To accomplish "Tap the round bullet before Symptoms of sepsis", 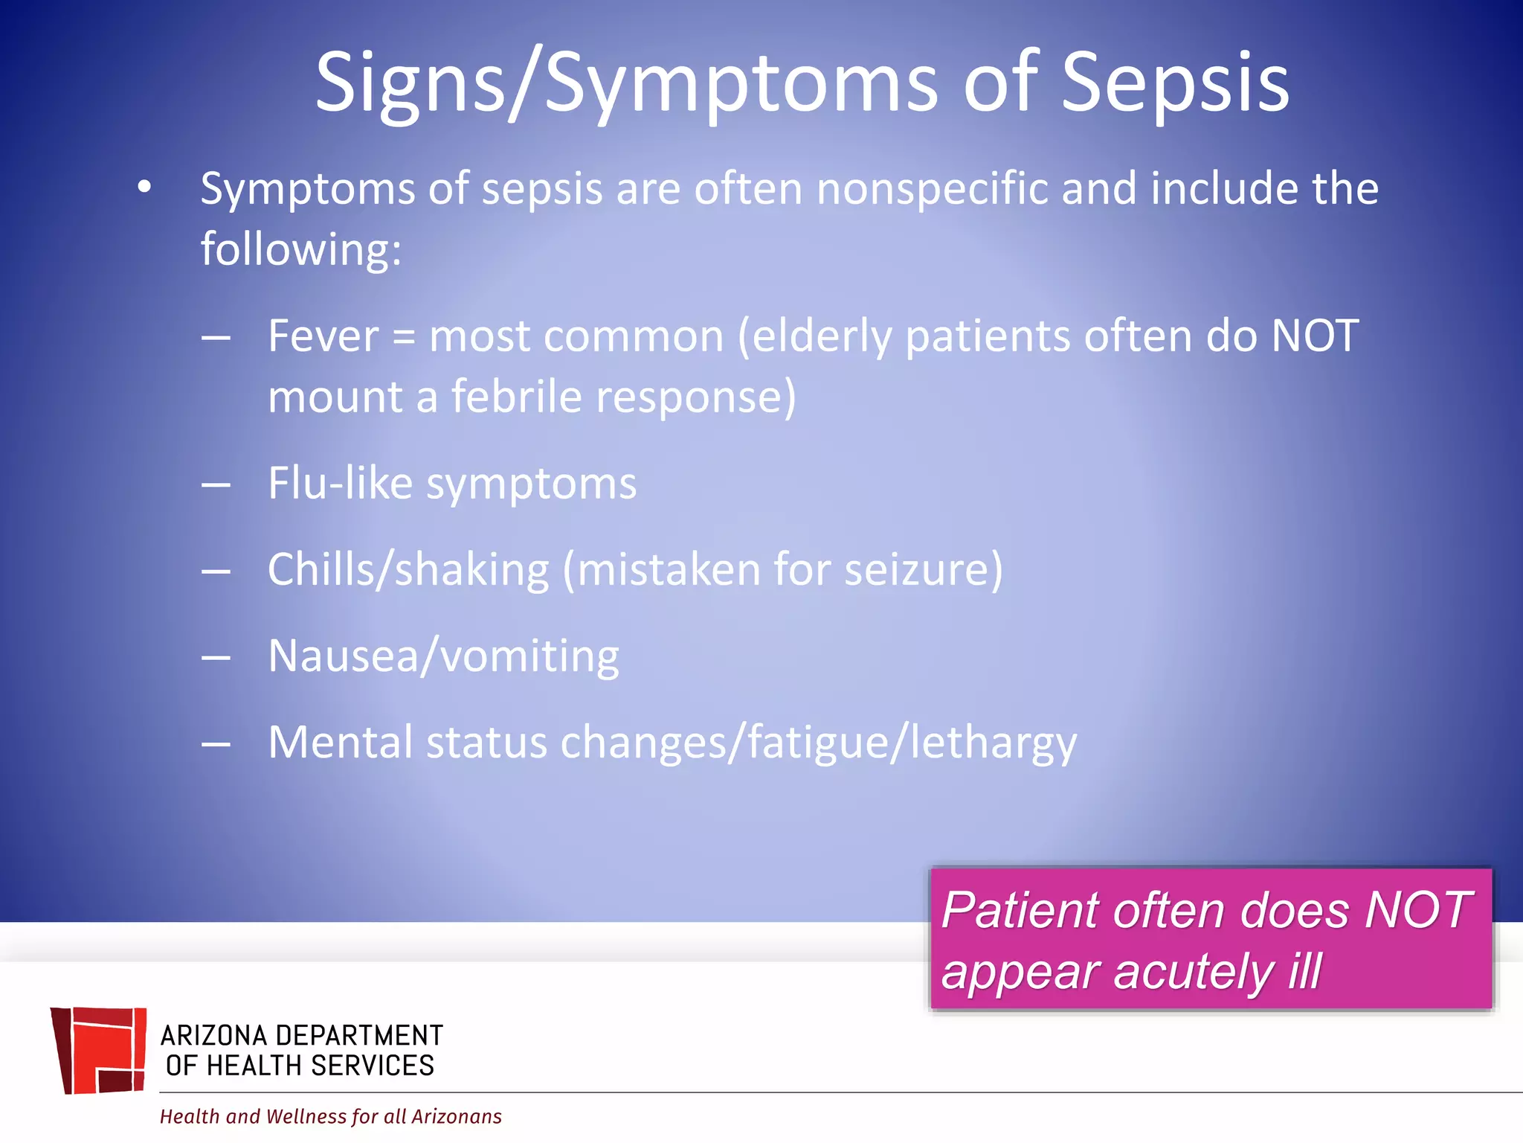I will (144, 188).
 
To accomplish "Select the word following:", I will (301, 249).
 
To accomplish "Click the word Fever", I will (323, 336).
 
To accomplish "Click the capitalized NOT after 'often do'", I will (1315, 336).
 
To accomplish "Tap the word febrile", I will (517, 397).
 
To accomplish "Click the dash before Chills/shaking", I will (216, 571).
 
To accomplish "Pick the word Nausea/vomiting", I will (443, 657).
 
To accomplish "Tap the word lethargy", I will (994, 744).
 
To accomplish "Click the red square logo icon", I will (99, 1050).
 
